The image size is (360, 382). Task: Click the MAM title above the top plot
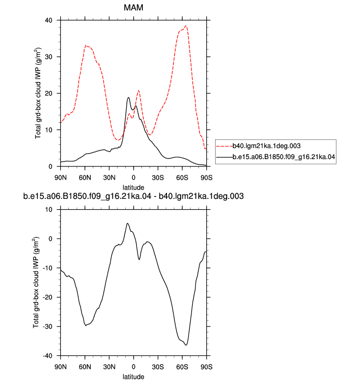pos(133,7)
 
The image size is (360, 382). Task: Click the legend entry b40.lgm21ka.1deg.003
pos(266,146)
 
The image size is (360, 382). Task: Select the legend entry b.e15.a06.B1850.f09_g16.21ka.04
pos(284,157)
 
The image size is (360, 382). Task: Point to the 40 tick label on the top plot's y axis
pos(49,20)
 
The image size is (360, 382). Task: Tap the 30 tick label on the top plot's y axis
pos(49,57)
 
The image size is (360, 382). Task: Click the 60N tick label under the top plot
pos(85,178)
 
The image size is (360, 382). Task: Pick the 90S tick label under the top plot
pos(206,178)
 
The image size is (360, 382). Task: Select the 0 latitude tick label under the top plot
pos(134,178)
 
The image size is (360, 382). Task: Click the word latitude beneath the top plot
pos(133,188)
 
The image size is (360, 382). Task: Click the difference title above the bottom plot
pos(133,196)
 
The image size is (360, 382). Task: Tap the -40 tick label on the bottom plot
pos(48,355)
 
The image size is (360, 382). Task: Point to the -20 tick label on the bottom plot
pos(48,297)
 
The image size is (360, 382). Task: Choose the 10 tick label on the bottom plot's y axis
pos(49,210)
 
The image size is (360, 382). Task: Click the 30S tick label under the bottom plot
pos(158,367)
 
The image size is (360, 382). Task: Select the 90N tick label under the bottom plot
pos(60,367)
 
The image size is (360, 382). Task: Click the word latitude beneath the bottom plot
pos(133,377)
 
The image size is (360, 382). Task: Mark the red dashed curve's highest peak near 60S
pos(186,26)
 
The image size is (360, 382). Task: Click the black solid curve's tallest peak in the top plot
pos(129,97)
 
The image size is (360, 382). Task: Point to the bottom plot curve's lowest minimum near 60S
pos(186,345)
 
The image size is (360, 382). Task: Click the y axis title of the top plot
pos(38,93)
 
